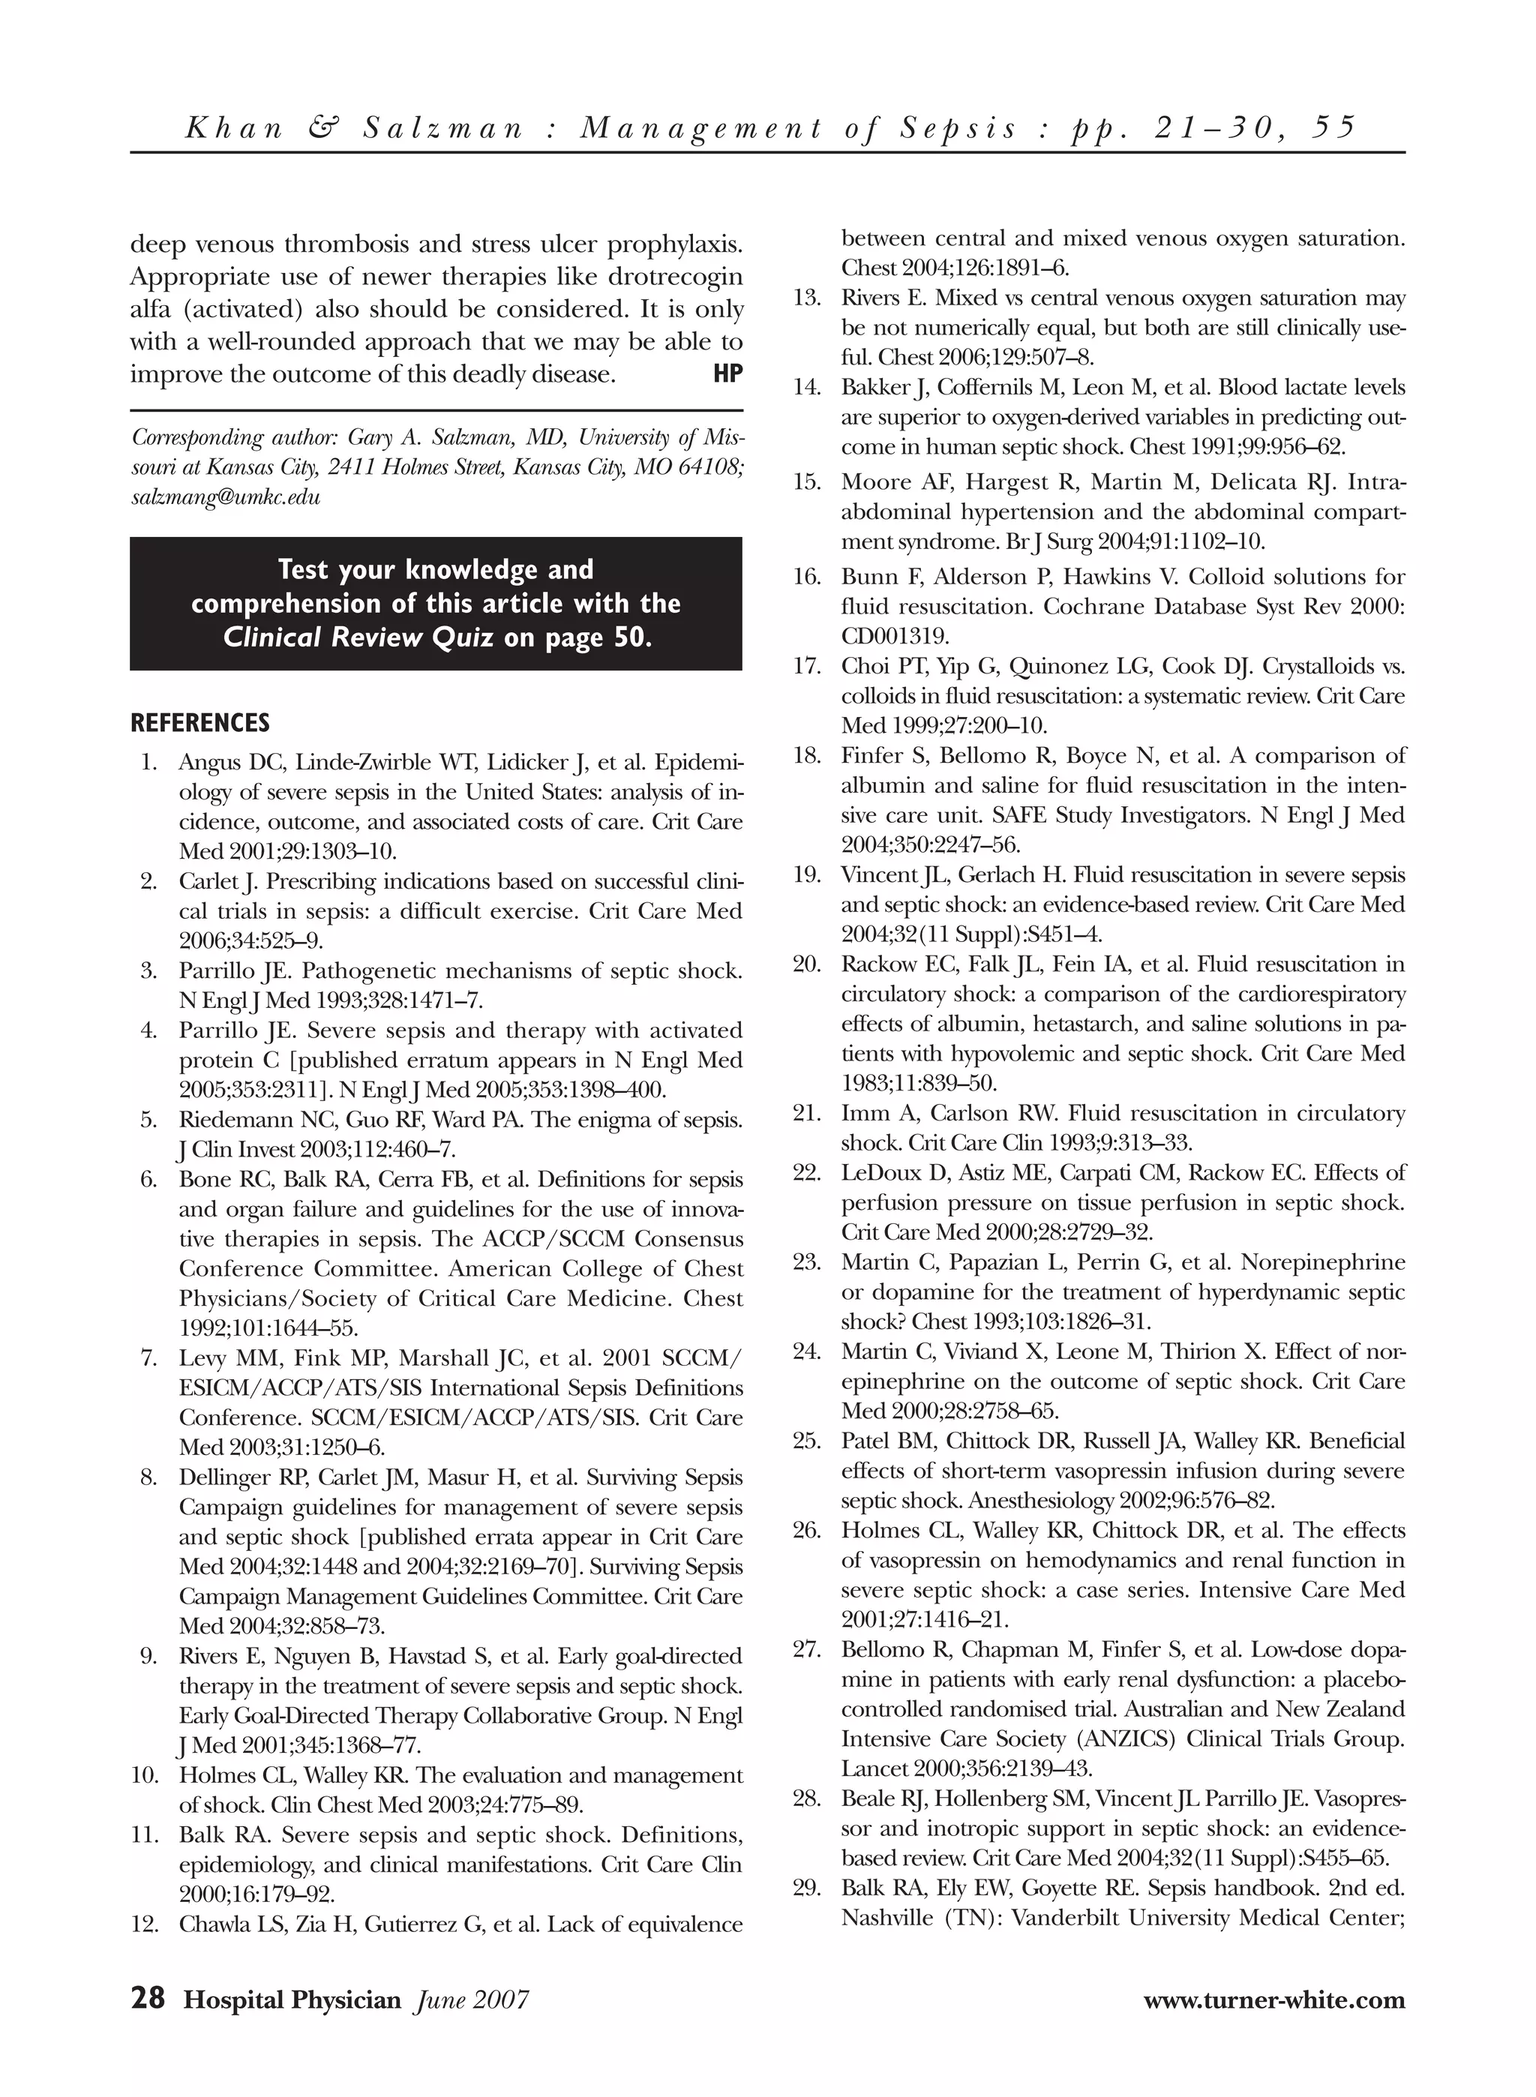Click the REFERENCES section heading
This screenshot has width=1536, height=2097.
pos(200,723)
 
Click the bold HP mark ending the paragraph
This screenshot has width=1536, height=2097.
pos(728,374)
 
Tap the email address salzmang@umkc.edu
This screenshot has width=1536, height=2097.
pos(226,496)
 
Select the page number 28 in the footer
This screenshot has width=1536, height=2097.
pos(148,1999)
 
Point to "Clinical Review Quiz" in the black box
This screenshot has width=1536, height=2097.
pos(360,637)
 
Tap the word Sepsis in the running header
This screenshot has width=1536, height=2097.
pos(958,127)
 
